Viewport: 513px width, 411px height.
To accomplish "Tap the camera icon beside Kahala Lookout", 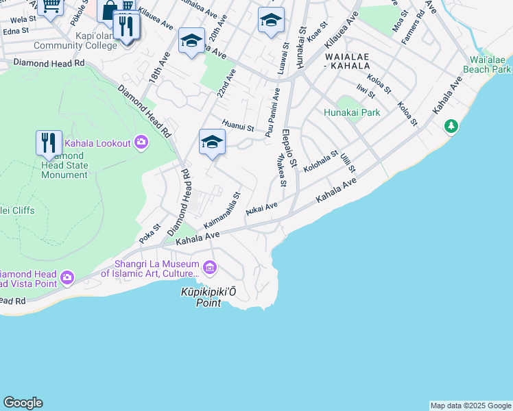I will (x=141, y=142).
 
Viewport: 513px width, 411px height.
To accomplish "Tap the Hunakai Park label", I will (x=351, y=112).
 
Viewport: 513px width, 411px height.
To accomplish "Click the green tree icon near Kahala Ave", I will (x=451, y=126).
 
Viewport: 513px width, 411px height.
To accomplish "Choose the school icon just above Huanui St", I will (x=213, y=142).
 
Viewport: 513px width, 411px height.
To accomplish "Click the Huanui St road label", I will (x=238, y=127).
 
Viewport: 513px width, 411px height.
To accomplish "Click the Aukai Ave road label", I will (x=261, y=208).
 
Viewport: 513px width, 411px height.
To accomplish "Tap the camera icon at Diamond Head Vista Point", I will (x=67, y=277).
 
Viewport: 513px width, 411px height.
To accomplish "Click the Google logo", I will (x=23, y=402).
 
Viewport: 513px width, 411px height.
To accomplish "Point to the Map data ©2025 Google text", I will (x=470, y=406).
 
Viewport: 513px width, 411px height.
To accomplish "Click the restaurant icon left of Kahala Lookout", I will (x=49, y=143).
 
